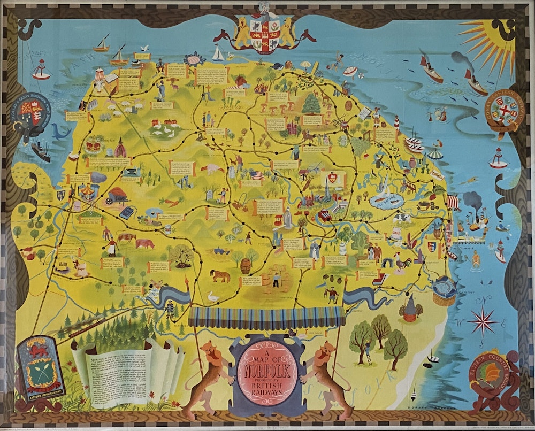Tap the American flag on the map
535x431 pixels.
point(258,175)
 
